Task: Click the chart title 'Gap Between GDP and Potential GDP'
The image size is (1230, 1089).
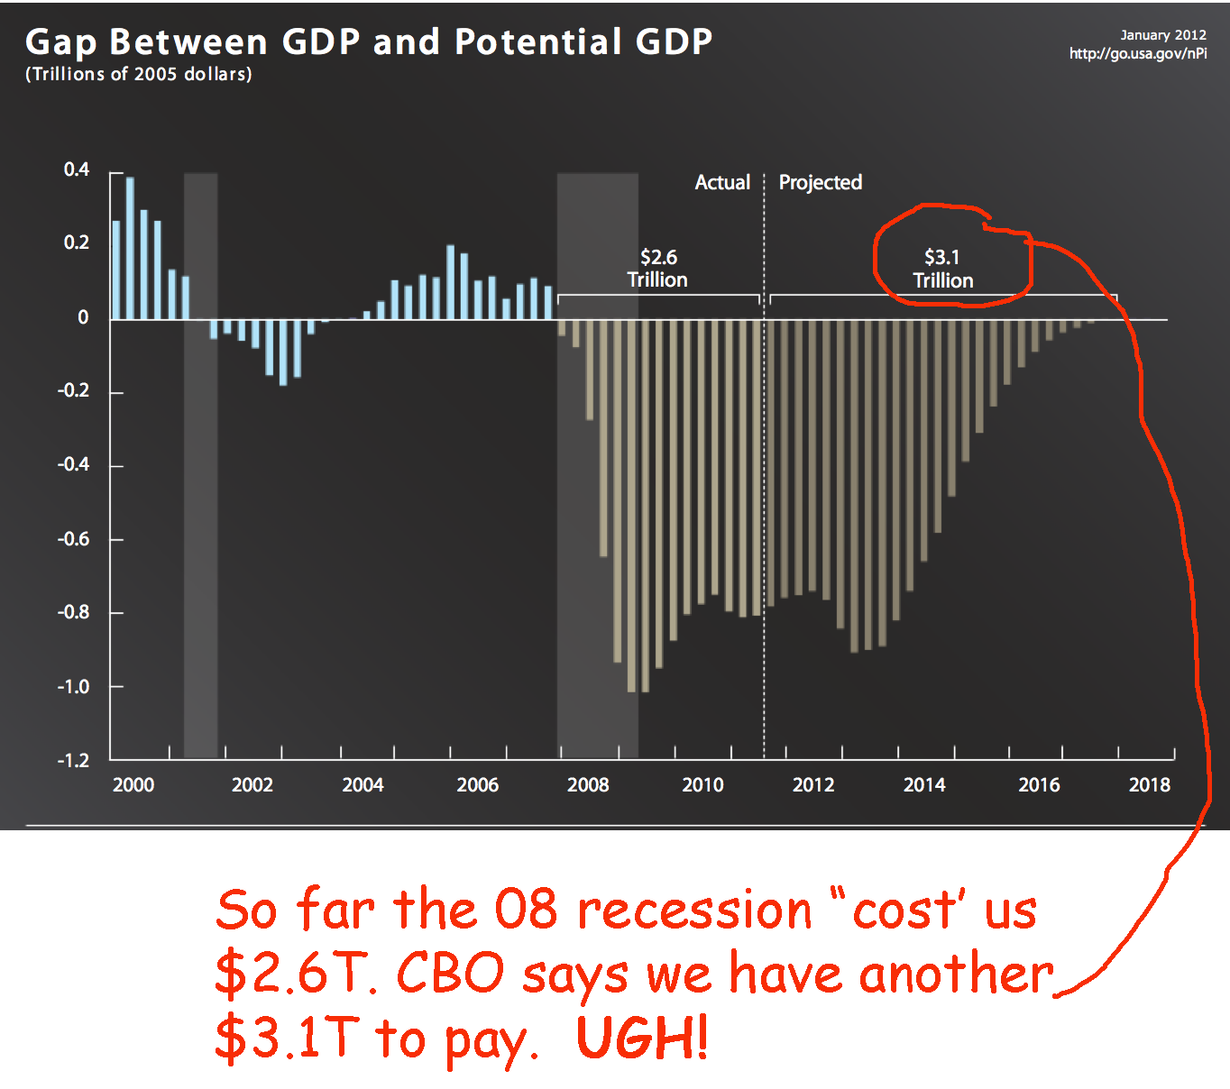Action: coord(369,42)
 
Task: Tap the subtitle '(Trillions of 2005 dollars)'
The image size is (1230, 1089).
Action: coord(139,75)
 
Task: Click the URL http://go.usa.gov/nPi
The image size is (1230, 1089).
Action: coord(1137,54)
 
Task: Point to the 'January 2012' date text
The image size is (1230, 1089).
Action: coord(1162,35)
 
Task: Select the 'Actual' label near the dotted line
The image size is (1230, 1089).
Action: coord(721,183)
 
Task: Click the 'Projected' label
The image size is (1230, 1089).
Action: coord(820,183)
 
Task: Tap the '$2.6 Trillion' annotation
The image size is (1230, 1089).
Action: coord(657,269)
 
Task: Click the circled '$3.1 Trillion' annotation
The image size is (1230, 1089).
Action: coord(942,269)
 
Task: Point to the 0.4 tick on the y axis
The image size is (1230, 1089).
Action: coord(77,169)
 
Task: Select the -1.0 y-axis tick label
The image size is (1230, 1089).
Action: coord(73,687)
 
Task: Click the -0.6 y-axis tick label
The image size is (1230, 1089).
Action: coord(73,539)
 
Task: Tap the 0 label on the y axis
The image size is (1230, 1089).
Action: coord(83,317)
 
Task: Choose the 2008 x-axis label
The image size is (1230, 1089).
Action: coord(588,785)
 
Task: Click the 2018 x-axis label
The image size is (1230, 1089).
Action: coord(1149,785)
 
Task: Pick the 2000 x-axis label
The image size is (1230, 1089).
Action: coord(133,785)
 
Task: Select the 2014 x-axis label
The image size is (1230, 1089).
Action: coord(924,785)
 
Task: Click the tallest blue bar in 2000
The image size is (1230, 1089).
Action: coord(130,248)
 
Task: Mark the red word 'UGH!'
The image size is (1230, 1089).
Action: coord(642,1039)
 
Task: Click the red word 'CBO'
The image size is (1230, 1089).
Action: coord(450,974)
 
